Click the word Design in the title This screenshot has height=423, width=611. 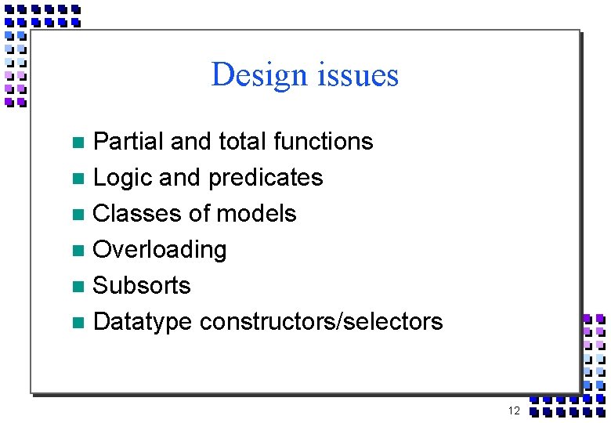258,75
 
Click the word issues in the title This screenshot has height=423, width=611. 356,75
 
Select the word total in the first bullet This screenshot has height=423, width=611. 240,142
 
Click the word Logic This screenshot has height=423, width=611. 122,178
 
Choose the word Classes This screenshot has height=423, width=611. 138,214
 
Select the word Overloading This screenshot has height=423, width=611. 160,251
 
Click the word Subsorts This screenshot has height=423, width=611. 142,285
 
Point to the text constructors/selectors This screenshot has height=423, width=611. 321,321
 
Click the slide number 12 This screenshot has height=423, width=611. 514,411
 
